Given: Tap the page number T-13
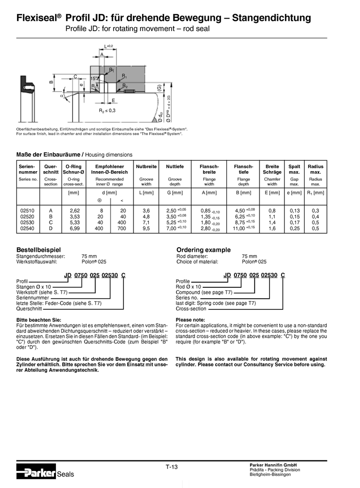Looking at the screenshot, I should (171, 467).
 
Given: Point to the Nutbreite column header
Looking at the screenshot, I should (146, 166).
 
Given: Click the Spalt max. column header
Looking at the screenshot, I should (294, 169).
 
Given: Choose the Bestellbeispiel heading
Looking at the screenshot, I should (38, 249).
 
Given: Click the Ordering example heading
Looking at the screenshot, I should (203, 249).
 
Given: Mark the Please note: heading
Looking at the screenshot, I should (190, 319).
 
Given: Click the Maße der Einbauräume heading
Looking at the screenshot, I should (47, 155).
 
